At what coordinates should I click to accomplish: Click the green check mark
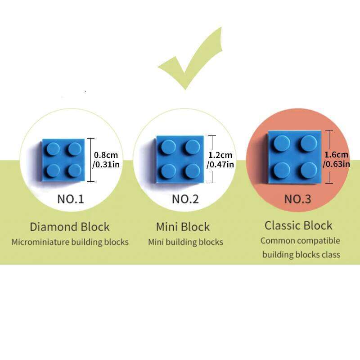click(x=189, y=63)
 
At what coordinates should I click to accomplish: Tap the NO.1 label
click(x=71, y=199)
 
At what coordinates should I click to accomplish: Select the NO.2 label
click(x=185, y=199)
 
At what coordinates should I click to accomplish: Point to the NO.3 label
click(x=297, y=199)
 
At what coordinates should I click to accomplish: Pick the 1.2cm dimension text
click(x=220, y=155)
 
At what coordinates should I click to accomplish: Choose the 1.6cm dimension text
click(x=336, y=154)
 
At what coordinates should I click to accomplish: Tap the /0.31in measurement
click(x=106, y=165)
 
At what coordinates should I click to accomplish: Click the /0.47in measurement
click(x=220, y=165)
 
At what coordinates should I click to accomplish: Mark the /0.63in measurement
click(x=336, y=164)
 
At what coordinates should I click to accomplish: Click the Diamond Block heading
click(x=70, y=226)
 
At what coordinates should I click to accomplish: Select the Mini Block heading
click(x=183, y=226)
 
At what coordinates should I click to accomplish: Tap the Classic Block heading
click(x=298, y=225)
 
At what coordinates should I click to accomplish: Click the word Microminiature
click(x=40, y=242)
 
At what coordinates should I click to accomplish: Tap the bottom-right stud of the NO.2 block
click(x=193, y=171)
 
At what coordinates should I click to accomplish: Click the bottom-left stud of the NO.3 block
click(x=282, y=170)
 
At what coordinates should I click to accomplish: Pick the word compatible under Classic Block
click(x=318, y=241)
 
